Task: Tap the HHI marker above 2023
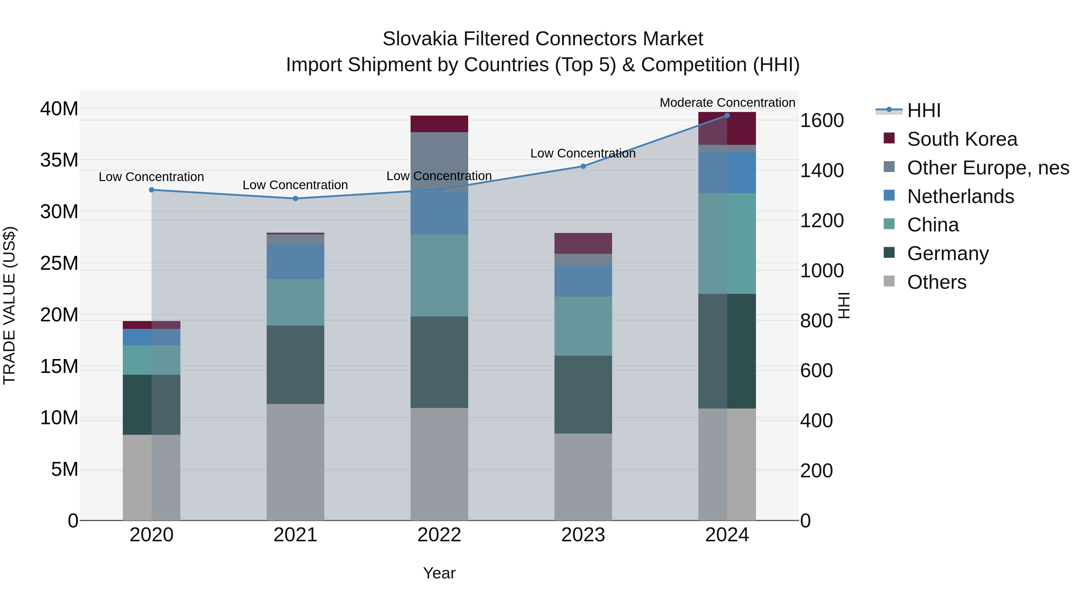(583, 167)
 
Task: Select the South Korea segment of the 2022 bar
(439, 124)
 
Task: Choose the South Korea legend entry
(962, 139)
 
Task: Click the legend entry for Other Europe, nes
(987, 168)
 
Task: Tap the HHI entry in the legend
(923, 110)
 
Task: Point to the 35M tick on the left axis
(59, 160)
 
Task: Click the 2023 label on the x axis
(583, 535)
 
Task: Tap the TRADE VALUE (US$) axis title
(9, 305)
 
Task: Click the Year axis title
(439, 573)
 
